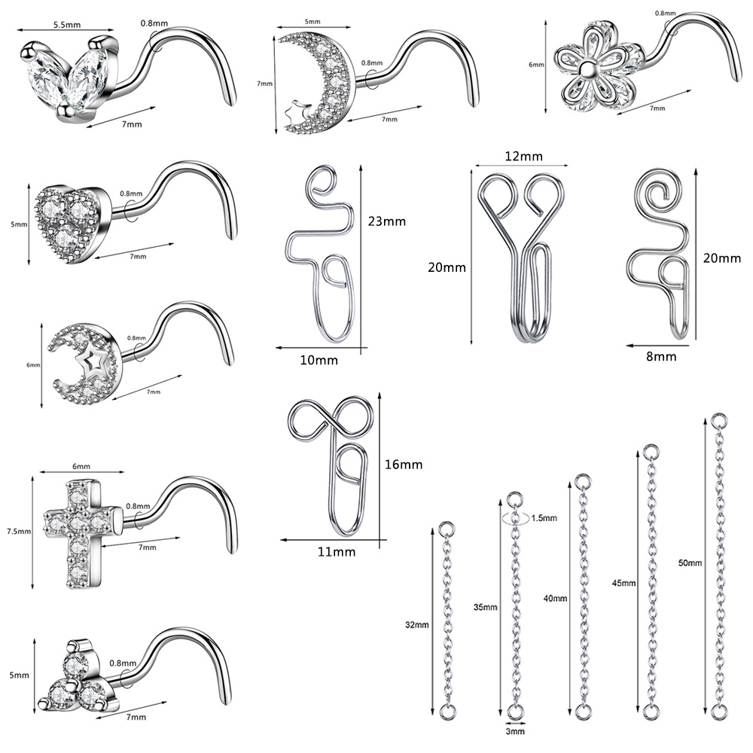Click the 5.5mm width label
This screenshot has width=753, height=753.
tap(67, 25)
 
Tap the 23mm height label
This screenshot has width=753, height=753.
tap(386, 221)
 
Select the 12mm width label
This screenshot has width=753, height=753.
tap(523, 156)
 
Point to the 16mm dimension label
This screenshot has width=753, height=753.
tap(404, 465)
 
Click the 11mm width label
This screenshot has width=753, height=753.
tap(336, 552)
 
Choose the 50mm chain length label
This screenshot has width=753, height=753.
tap(690, 562)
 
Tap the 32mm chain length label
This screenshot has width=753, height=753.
tap(417, 625)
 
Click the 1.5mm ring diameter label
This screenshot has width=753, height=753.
tap(544, 518)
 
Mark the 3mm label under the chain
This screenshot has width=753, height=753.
tap(515, 731)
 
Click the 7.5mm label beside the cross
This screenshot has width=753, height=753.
tap(19, 531)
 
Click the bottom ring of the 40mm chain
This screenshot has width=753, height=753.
tap(583, 712)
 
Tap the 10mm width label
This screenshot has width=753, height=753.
tap(319, 360)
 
